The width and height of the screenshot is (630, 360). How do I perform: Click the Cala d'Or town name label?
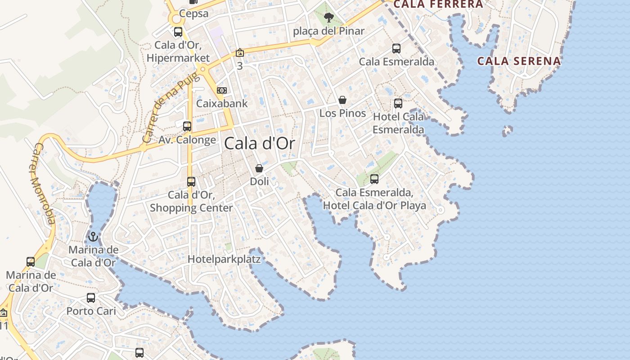260,144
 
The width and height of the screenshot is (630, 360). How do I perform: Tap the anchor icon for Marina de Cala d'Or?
93,236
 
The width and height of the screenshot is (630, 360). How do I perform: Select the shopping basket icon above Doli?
259,168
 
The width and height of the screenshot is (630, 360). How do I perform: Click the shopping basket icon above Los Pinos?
342,99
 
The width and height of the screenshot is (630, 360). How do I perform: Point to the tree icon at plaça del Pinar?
329,18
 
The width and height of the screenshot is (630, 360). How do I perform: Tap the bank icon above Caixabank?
222,90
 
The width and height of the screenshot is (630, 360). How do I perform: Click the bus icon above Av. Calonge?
187,126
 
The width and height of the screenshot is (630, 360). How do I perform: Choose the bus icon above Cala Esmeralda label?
396,49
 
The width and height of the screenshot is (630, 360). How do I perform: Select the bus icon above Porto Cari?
91,298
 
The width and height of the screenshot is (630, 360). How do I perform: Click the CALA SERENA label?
519,61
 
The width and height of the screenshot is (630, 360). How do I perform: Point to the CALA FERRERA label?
438,4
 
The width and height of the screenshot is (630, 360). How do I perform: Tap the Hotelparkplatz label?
224,259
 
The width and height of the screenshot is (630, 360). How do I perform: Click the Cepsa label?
194,13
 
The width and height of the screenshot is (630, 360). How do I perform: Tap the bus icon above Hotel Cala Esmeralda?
398,103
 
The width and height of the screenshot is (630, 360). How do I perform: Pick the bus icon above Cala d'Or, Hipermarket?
178,32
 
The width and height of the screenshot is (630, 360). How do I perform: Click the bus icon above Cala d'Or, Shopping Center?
191,182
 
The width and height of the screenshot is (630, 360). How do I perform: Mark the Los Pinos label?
342,113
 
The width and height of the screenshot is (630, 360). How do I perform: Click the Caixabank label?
222,103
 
